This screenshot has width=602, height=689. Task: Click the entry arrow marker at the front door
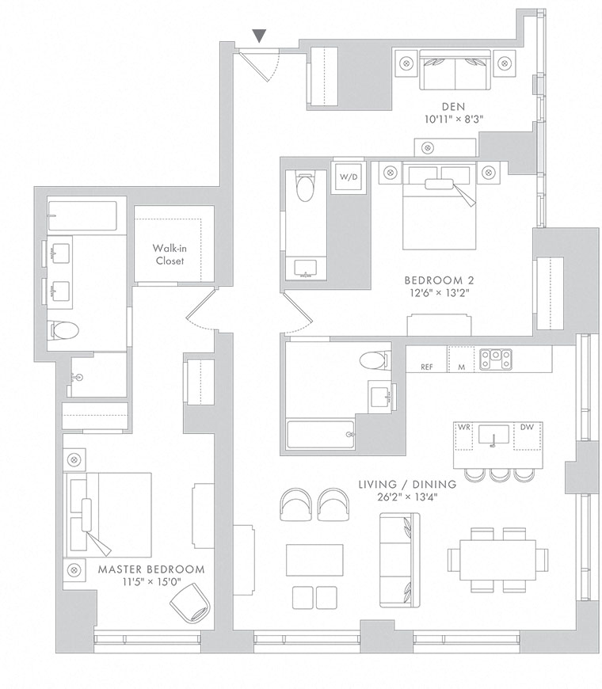click(259, 36)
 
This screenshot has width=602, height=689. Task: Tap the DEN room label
click(453, 106)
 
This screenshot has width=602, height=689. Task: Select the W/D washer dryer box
click(349, 177)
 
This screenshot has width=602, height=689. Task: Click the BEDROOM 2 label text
click(439, 280)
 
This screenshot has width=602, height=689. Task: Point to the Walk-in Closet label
click(170, 254)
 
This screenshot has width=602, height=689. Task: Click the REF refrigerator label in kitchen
click(426, 367)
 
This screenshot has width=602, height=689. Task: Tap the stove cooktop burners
click(495, 359)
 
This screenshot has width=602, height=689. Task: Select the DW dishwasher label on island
click(527, 427)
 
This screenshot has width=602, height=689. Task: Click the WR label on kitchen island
click(464, 427)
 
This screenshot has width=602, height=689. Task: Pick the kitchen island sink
click(493, 436)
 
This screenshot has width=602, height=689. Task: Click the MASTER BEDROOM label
click(151, 569)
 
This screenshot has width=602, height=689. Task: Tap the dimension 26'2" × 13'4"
click(407, 497)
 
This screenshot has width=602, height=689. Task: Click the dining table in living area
click(498, 560)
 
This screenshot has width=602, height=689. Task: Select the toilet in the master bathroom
click(63, 329)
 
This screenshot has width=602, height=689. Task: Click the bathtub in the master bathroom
click(82, 215)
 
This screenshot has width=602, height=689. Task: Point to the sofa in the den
click(455, 70)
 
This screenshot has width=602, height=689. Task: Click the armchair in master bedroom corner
click(190, 603)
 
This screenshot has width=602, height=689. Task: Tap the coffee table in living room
click(314, 560)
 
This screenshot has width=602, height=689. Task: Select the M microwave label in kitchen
click(461, 367)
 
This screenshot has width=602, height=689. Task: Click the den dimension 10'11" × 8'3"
click(454, 119)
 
